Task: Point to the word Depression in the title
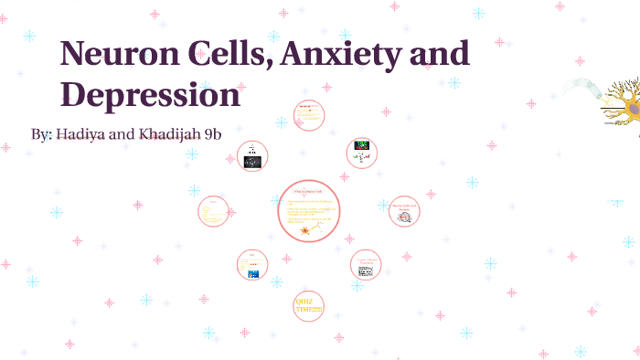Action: click(x=150, y=95)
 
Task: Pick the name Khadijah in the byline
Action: click(x=173, y=134)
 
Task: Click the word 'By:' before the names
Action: click(x=41, y=134)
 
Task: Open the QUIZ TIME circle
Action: click(x=309, y=305)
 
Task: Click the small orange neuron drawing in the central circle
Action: click(x=304, y=230)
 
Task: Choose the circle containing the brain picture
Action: click(x=404, y=211)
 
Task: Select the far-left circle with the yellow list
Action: click(x=213, y=211)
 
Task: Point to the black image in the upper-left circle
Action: click(x=251, y=162)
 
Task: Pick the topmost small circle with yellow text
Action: click(x=309, y=115)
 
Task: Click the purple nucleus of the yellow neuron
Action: click(x=632, y=108)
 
